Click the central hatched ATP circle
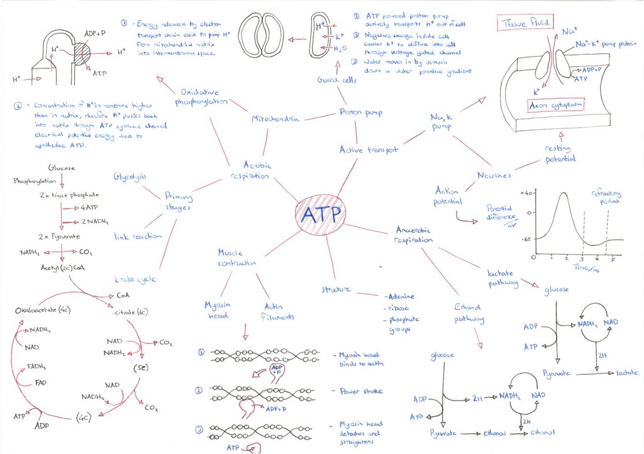[x=320, y=216]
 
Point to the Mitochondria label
[x=275, y=119]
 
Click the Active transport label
[x=369, y=150]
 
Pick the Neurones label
[x=494, y=176]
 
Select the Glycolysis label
[x=130, y=177]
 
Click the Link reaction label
[x=138, y=236]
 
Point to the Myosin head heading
[x=218, y=310]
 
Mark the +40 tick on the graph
[x=527, y=192]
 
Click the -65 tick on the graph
[x=527, y=240]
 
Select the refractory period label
[x=606, y=197]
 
